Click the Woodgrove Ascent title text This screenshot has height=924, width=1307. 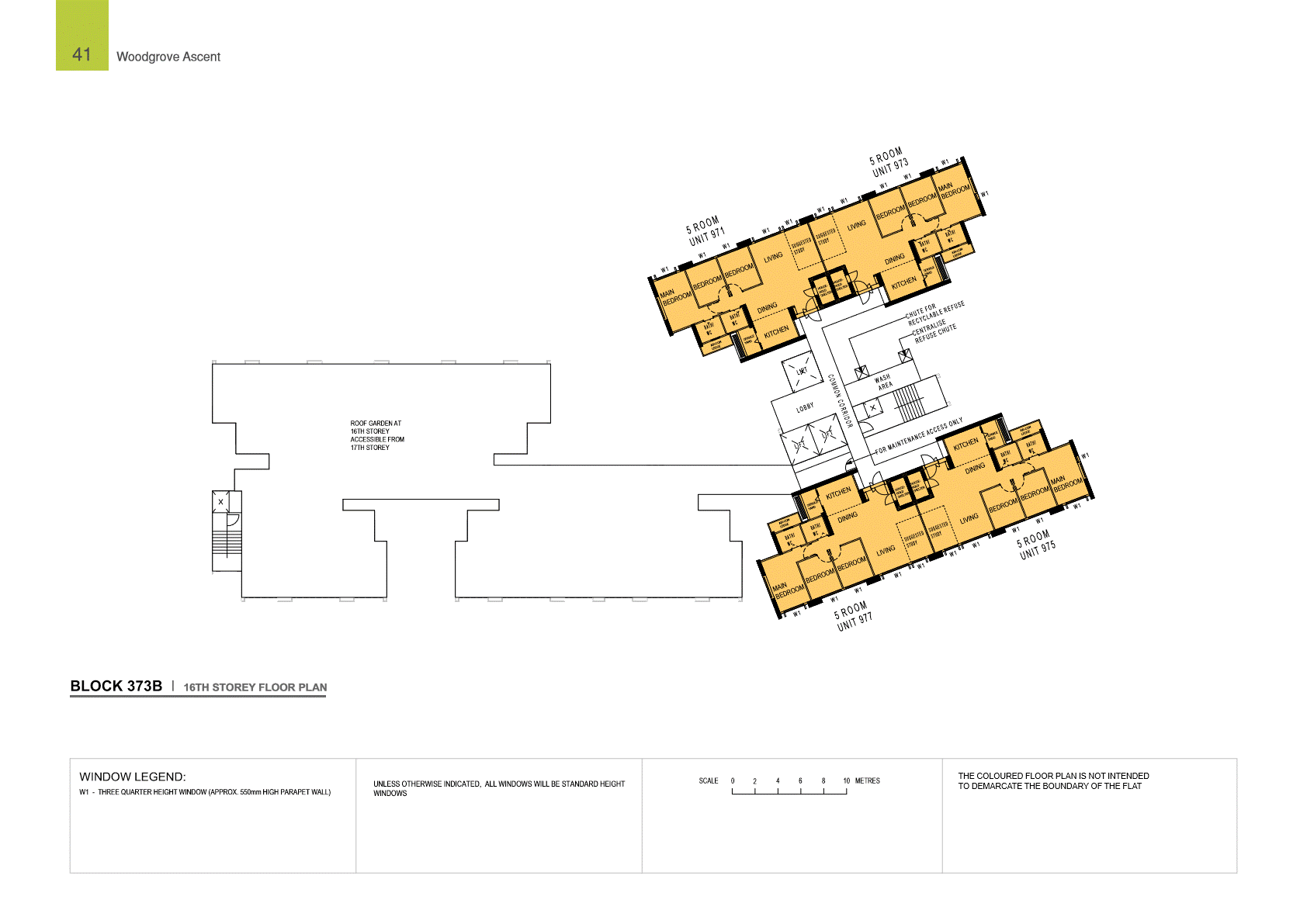click(168, 57)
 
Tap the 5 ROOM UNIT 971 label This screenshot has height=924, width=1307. click(705, 231)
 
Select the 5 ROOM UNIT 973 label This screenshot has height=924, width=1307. click(889, 162)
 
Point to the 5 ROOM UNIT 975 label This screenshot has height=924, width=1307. click(1036, 544)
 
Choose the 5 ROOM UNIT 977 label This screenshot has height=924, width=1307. click(853, 616)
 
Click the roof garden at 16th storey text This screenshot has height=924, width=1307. click(376, 435)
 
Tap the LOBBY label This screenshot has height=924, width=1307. click(805, 407)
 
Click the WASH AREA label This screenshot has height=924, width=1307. click(883, 382)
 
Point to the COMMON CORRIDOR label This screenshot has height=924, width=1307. click(840, 400)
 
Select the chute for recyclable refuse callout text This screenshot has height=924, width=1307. click(935, 313)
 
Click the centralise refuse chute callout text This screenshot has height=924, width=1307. click(934, 331)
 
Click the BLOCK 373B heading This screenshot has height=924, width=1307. click(116, 686)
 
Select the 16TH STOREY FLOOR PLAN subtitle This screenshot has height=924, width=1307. click(255, 687)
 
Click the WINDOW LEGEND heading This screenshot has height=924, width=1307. click(132, 777)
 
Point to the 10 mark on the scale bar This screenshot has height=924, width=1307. click(846, 781)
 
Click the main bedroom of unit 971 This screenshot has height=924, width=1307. click(675, 296)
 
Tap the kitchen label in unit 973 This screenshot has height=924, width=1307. click(903, 283)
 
